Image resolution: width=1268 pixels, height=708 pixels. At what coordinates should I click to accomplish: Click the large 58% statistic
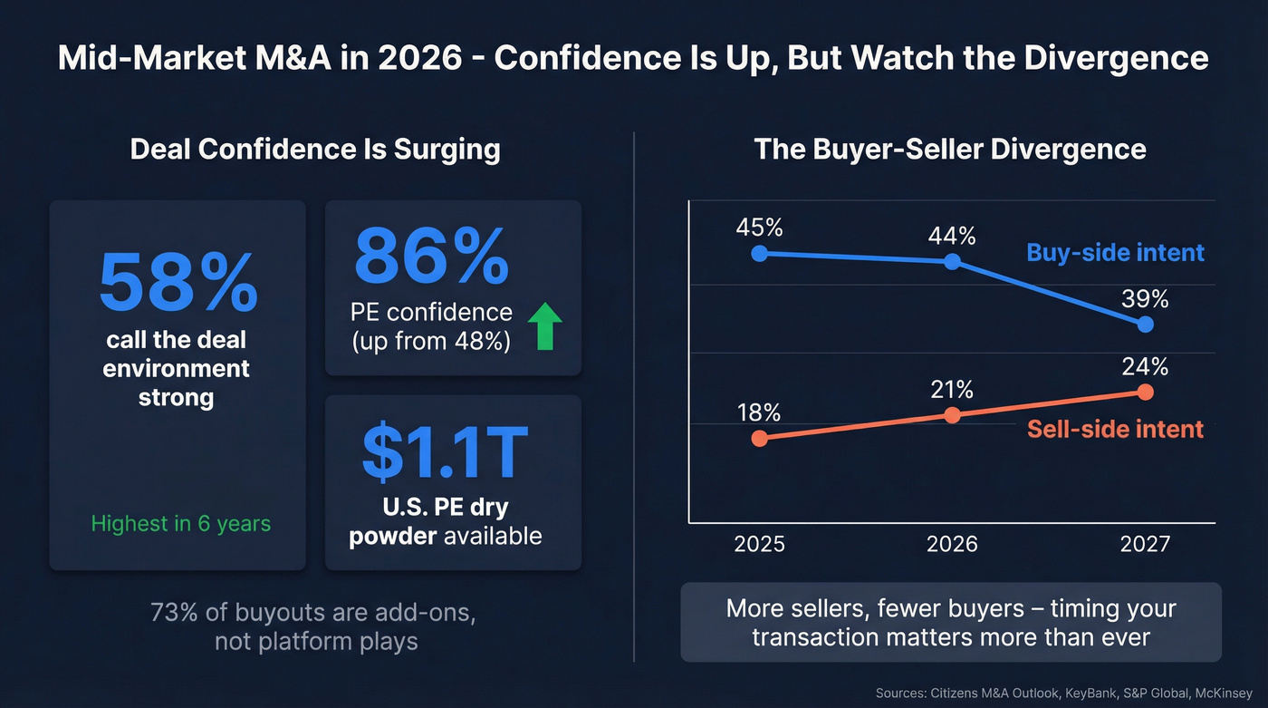click(178, 283)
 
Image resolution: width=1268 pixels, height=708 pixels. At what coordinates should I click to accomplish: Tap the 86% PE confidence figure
click(431, 257)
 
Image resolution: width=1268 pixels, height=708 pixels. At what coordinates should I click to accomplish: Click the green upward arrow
click(544, 327)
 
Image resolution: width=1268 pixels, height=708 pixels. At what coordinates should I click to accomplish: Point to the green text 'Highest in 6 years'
click(180, 523)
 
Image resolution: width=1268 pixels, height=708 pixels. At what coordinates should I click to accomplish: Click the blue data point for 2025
click(760, 254)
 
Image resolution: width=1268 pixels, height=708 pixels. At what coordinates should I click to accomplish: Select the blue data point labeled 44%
click(952, 262)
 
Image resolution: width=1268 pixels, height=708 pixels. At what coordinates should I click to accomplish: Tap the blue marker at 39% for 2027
click(1145, 324)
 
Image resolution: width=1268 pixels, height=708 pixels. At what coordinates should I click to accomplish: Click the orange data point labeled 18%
click(760, 438)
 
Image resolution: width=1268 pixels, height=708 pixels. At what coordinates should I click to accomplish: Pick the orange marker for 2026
click(952, 415)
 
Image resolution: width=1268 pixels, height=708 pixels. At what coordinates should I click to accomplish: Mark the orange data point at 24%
click(1145, 392)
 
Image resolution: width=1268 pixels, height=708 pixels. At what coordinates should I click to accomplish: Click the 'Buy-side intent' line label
click(1115, 252)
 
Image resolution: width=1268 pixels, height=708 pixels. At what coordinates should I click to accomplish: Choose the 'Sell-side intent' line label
click(1115, 429)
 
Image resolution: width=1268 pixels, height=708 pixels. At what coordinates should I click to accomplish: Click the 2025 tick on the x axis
click(760, 544)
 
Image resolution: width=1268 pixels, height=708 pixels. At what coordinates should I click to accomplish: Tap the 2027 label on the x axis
click(1145, 544)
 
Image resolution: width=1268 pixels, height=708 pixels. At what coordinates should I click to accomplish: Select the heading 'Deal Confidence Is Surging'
click(315, 149)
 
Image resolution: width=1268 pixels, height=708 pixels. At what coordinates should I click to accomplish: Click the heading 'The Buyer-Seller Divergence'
click(950, 149)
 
